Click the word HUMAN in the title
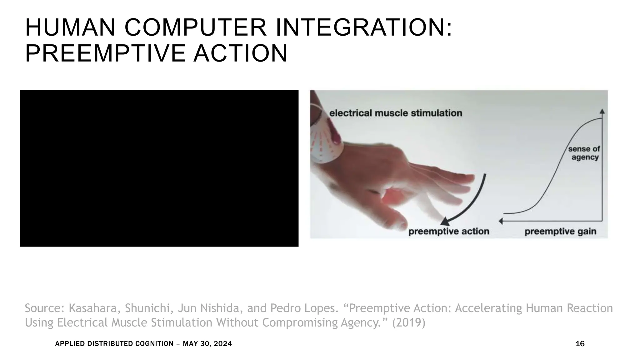pyautogui.click(x=70, y=28)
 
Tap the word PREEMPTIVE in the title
pyautogui.click(x=105, y=53)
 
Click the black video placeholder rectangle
pyautogui.click(x=159, y=168)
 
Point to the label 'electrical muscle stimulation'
pyautogui.click(x=395, y=113)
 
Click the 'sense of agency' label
pyautogui.click(x=584, y=153)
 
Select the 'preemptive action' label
pyautogui.click(x=449, y=232)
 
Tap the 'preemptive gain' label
pyautogui.click(x=560, y=232)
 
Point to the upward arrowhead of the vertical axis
pyautogui.click(x=602, y=111)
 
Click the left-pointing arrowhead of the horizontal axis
pyautogui.click(x=501, y=221)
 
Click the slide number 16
pyautogui.click(x=580, y=344)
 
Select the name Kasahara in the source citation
pyautogui.click(x=93, y=308)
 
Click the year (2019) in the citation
pyautogui.click(x=408, y=322)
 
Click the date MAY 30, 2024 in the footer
pyautogui.click(x=207, y=344)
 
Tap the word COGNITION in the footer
pyautogui.click(x=154, y=344)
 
